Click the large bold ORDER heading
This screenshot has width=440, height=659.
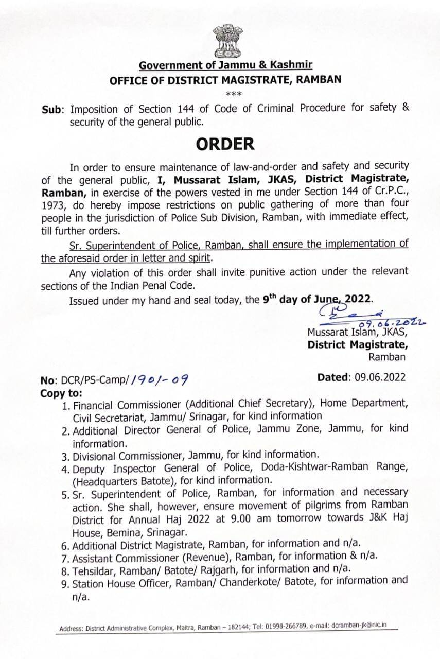[225, 144]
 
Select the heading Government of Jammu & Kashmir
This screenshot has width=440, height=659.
[225, 65]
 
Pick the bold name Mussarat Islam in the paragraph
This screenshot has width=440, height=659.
[204, 180]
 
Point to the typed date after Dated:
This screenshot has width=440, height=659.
[380, 377]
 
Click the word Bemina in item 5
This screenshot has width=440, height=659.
[122, 530]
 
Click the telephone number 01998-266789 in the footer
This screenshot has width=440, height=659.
[280, 626]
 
